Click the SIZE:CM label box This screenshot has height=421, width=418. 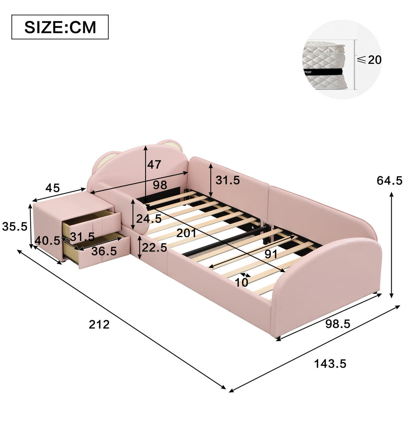coord(60,27)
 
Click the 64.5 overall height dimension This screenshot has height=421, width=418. coord(389,180)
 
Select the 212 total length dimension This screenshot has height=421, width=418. coord(99,324)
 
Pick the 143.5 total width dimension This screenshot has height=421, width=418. coord(330,364)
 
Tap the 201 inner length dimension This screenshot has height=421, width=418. coord(186,233)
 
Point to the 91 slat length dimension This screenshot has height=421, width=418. coord(271,254)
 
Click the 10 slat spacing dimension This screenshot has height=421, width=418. coord(242,283)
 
